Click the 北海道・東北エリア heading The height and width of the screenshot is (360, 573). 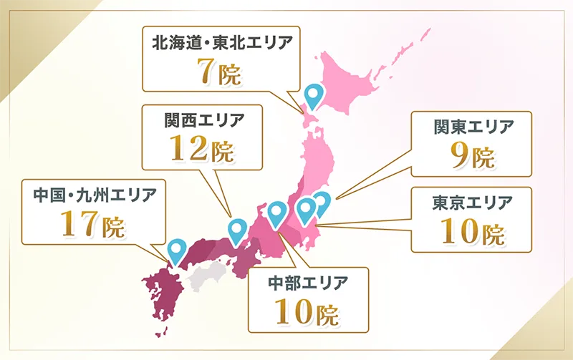pos(222,42)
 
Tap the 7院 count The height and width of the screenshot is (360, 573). pos(221,72)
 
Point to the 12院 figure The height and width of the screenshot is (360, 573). pos(203,148)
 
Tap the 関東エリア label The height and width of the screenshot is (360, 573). pos(474,127)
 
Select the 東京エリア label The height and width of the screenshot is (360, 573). pos(473,203)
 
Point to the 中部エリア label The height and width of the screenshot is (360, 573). pos(307,281)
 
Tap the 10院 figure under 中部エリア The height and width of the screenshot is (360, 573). pos(307,311)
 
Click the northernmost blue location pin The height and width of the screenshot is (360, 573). pos(314,94)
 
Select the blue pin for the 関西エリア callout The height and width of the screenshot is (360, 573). pos(237,230)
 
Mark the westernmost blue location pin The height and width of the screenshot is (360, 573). pos(175,249)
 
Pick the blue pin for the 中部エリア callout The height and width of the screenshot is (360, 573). pos(277,212)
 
